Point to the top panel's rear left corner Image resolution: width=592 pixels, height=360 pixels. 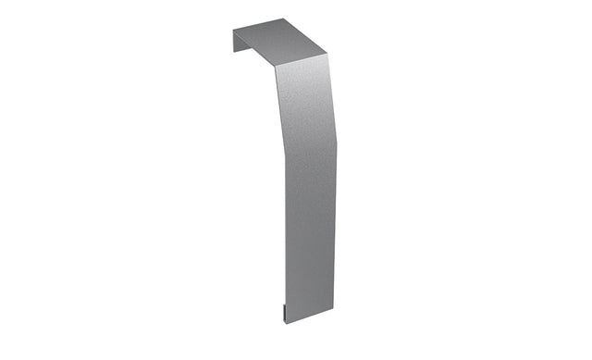233,29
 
